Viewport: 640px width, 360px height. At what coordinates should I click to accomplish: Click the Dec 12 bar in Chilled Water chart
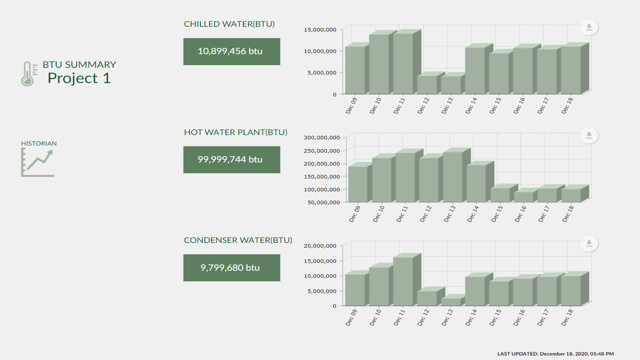427,85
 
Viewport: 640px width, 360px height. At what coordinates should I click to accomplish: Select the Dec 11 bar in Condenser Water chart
402,281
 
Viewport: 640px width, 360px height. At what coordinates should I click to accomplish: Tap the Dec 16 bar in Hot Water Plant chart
524,197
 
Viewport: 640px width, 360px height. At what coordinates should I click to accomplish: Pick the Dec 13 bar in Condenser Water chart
451,302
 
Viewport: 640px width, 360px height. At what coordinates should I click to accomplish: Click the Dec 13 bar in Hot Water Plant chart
453,177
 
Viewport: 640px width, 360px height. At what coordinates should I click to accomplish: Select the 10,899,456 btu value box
231,52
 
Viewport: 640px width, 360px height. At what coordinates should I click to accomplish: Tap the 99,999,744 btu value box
231,160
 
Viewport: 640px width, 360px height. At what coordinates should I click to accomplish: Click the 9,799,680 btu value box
231,268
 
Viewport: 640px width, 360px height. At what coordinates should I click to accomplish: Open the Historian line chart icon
37,162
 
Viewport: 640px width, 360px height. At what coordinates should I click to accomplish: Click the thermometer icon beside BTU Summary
29,74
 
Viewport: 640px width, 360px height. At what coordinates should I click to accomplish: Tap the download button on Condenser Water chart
589,244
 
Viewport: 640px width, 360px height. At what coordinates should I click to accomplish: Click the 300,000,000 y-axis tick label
321,137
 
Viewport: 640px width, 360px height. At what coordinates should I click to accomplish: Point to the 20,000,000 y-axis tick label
320,246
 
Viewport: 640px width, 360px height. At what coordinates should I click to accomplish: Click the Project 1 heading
79,78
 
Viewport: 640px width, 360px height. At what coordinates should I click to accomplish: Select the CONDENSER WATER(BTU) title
238,240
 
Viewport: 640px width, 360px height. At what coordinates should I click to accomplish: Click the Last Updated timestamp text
555,354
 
